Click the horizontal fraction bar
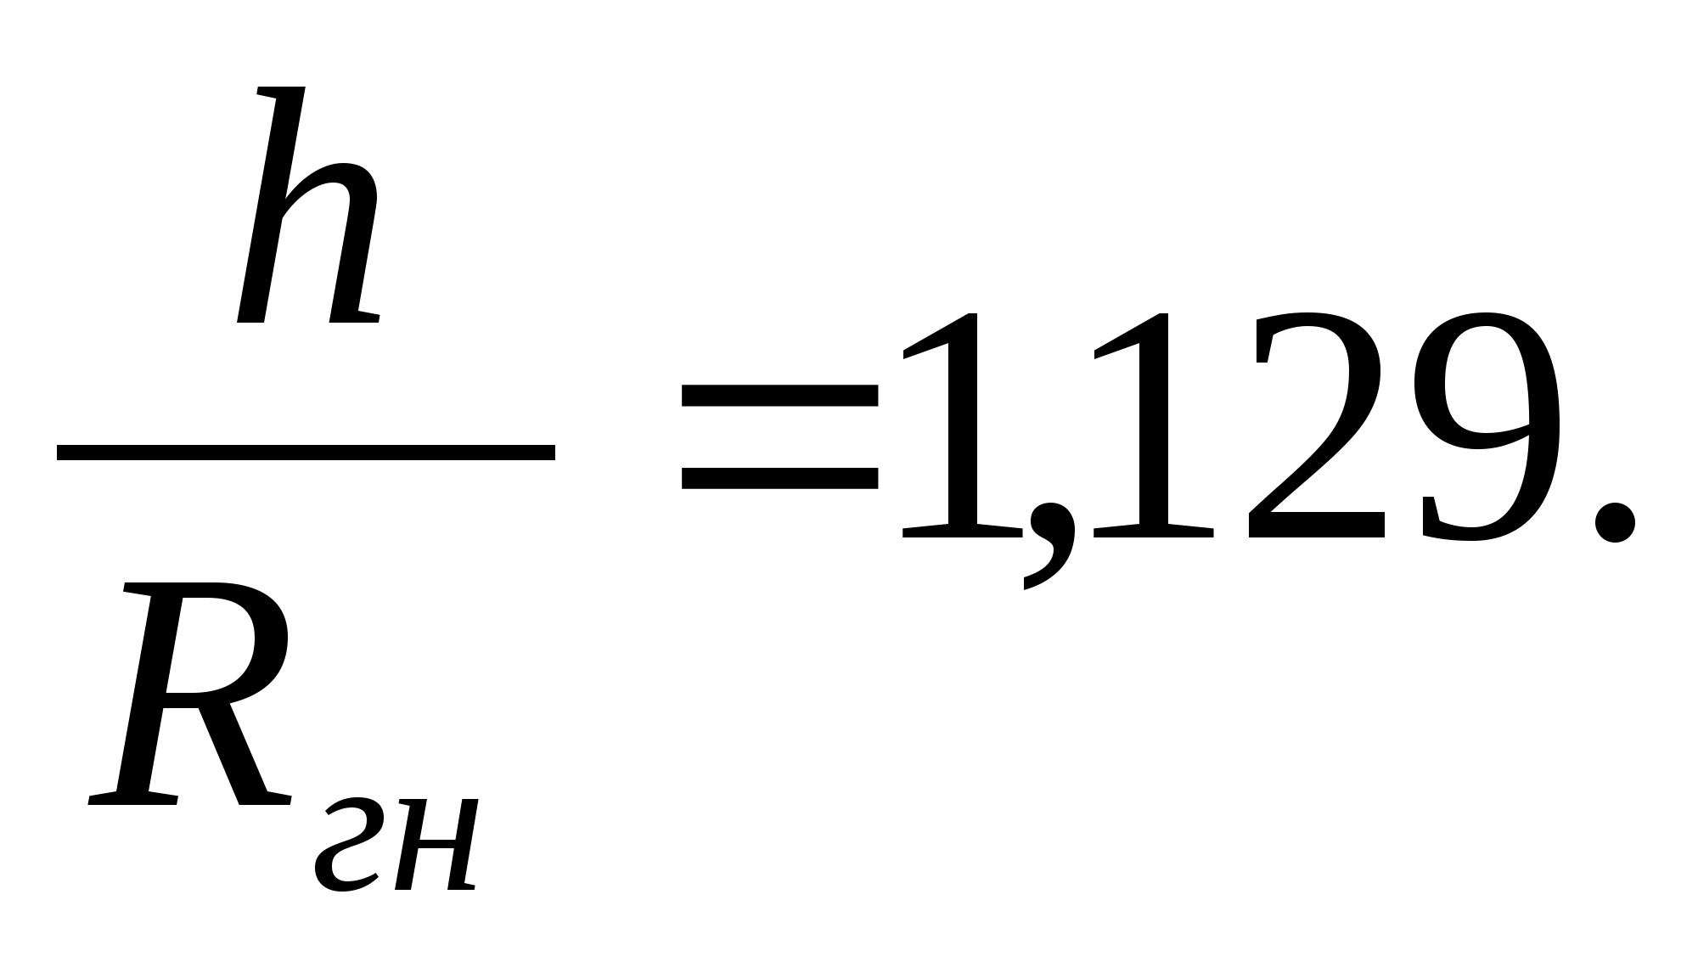coord(306,452)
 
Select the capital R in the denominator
coord(191,692)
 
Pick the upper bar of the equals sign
coord(779,397)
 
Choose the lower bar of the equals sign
coord(779,477)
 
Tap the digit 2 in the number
coord(1316,425)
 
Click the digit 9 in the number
coord(1490,425)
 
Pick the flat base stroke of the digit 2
coord(1316,525)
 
